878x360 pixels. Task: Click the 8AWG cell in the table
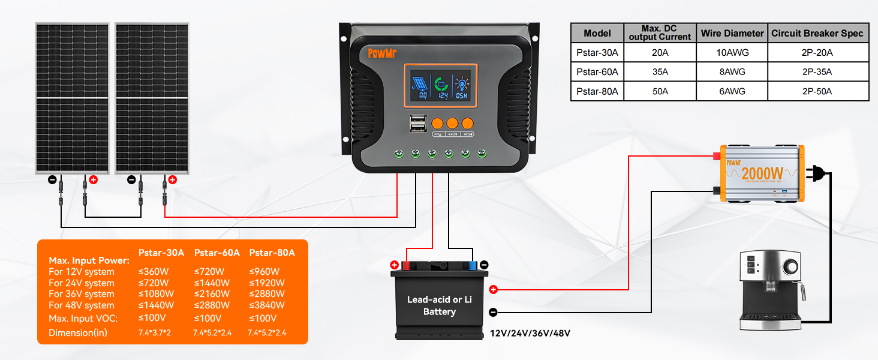coord(731,72)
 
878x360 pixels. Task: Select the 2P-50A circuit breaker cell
coord(818,91)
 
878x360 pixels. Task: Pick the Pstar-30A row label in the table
coord(597,52)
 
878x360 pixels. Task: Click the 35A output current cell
coord(660,72)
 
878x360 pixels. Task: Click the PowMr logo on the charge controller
coord(382,53)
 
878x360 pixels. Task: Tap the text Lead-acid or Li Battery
coord(439,305)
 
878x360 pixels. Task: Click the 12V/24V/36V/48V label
coord(530,333)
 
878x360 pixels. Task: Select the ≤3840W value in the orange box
coord(267,305)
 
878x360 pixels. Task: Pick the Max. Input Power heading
coord(89,260)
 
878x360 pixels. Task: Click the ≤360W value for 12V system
coord(155,272)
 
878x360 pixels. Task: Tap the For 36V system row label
coord(82,294)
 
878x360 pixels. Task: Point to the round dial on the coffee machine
coord(792,266)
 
